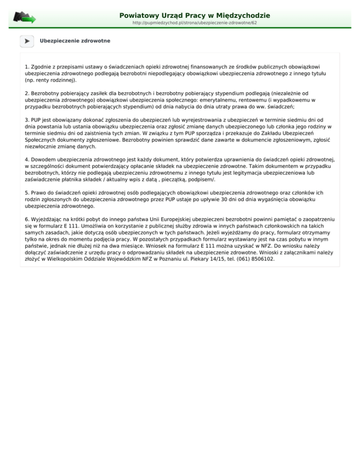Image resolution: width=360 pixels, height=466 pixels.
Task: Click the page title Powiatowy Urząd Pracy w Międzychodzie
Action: tap(195, 15)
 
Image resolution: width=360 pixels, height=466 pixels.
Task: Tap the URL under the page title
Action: tap(195, 23)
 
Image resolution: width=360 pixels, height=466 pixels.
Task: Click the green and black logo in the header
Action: tap(24, 17)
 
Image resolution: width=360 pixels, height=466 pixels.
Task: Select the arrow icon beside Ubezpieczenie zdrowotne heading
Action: tap(27, 41)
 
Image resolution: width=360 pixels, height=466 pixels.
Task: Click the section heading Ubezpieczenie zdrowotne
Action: tap(75, 41)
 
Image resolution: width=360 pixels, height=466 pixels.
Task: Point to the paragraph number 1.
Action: tap(26, 67)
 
